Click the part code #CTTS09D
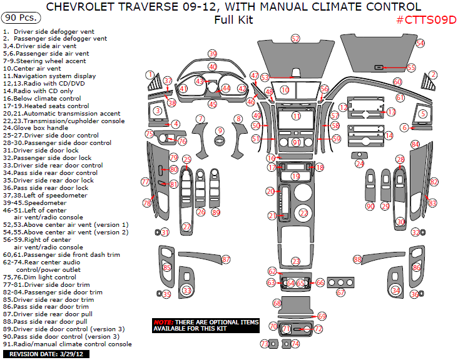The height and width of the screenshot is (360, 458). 426,19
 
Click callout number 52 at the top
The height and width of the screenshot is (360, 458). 295,39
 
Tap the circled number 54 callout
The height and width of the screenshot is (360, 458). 420,43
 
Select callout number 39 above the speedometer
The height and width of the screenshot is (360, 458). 213,54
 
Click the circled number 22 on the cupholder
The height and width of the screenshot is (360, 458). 303,213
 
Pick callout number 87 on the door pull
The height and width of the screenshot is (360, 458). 226,259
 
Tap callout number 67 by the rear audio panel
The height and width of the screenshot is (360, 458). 341,292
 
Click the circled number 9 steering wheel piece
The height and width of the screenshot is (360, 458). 220,131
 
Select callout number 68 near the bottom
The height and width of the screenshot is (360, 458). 277,302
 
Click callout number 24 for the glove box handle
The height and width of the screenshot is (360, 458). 359,164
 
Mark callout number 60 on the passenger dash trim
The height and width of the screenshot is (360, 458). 397,82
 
